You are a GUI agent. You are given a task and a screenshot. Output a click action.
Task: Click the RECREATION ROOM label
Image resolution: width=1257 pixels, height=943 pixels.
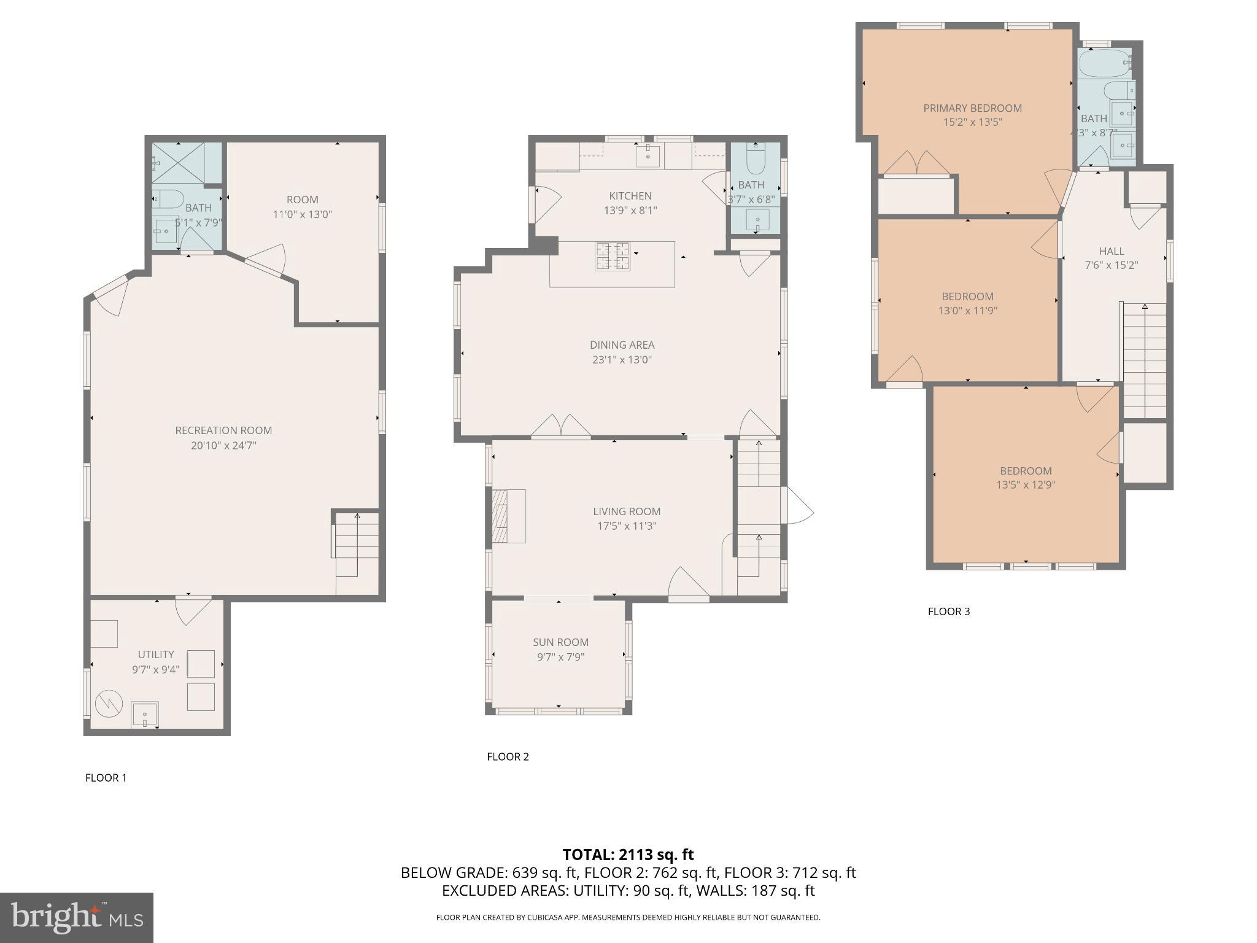click(x=223, y=430)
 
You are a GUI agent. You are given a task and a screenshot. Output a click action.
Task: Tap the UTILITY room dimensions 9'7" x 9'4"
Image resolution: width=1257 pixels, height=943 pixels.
click(x=156, y=669)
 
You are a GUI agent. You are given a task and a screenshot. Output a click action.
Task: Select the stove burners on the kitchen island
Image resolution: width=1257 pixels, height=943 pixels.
click(x=613, y=257)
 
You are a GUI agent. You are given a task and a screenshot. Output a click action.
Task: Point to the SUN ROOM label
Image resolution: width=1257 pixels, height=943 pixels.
click(x=560, y=642)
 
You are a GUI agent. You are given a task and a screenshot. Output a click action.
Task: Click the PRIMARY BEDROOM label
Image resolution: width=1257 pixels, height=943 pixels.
click(x=972, y=108)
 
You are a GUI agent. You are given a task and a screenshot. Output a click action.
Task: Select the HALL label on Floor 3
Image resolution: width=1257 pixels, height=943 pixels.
click(x=1112, y=251)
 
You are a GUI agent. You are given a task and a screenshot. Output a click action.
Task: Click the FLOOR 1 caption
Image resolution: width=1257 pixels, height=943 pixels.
click(x=106, y=778)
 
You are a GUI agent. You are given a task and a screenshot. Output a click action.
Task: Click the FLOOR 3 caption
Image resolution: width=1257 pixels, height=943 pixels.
click(x=948, y=611)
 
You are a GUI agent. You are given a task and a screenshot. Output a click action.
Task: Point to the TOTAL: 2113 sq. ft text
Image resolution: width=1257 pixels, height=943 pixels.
click(x=628, y=855)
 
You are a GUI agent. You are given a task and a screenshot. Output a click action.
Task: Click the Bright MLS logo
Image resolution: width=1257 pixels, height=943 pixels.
click(x=76, y=917)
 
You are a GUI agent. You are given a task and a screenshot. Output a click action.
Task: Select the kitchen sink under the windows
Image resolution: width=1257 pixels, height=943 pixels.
click(x=648, y=156)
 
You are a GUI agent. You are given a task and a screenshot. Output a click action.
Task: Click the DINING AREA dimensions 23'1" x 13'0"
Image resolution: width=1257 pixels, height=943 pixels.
click(x=622, y=360)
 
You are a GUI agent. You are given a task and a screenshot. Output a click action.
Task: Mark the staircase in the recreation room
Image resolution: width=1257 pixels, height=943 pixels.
click(x=356, y=546)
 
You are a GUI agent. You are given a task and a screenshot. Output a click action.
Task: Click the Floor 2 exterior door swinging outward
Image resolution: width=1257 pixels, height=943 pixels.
click(x=799, y=506)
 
